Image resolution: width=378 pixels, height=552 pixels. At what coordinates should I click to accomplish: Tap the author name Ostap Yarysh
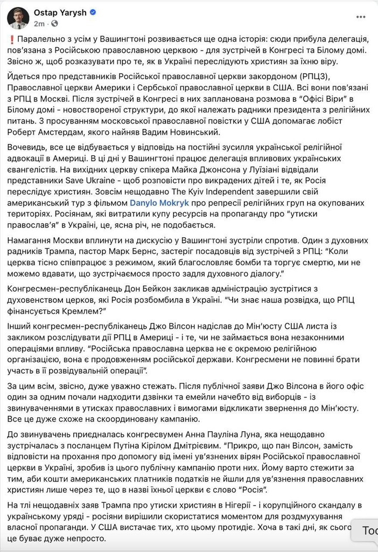(60, 12)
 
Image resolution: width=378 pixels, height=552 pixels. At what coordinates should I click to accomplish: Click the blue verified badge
(93, 12)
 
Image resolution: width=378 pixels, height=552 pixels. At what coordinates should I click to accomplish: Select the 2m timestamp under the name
(39, 24)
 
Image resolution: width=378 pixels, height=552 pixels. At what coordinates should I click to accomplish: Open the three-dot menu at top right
(361, 18)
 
